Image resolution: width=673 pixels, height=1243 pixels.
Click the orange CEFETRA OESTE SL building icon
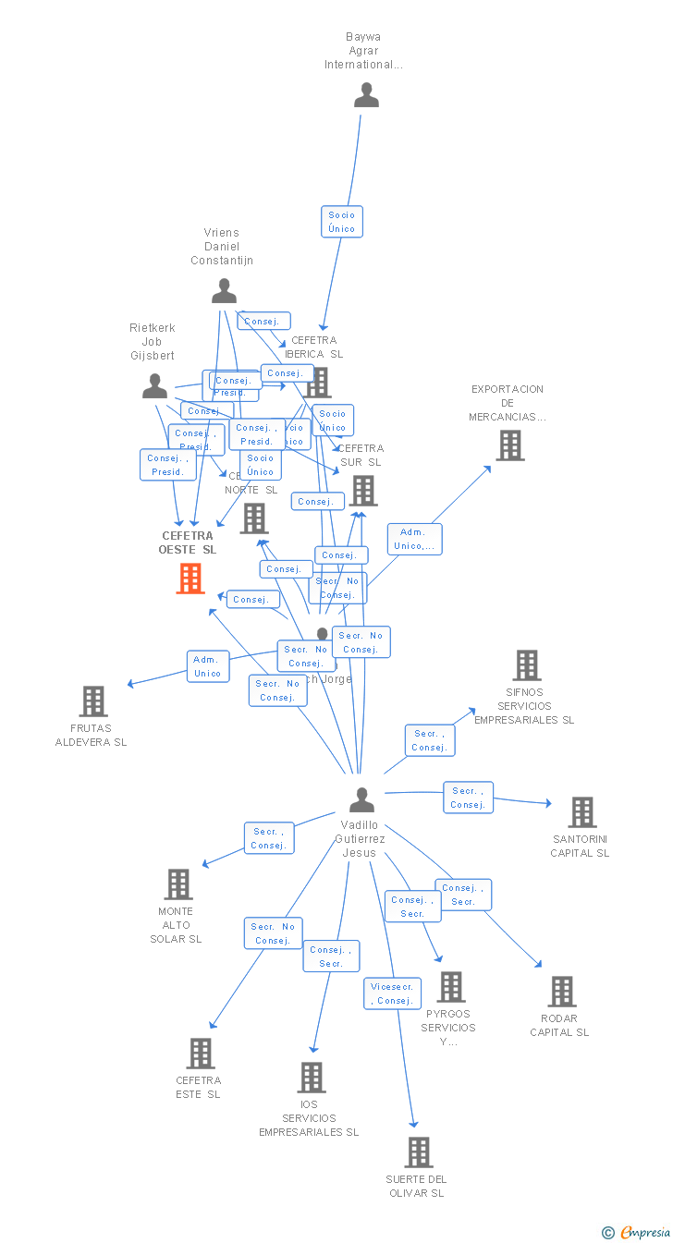190,578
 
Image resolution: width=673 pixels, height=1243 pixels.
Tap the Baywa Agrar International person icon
366,95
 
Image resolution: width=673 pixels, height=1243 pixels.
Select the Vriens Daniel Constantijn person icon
224,291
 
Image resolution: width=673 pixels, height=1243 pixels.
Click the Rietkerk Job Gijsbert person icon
154,386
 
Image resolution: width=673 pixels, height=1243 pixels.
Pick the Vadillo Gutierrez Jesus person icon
361,799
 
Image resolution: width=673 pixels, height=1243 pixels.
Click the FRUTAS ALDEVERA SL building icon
92,701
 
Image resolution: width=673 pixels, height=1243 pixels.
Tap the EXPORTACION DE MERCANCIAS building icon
509,445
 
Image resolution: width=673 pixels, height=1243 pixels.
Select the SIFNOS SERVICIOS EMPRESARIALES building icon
526,665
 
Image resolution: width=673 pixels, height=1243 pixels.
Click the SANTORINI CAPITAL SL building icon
581,812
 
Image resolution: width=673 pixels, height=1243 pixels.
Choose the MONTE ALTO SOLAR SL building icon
177,884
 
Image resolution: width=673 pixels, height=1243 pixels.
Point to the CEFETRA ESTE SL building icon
200,1054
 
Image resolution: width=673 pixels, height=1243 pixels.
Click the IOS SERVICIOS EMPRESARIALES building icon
311,1078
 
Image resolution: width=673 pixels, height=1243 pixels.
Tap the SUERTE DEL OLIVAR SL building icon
418,1152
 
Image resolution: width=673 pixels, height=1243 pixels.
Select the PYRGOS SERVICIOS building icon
450,987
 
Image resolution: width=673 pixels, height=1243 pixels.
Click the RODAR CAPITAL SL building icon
561,992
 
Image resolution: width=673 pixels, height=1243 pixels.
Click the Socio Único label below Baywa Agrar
341,222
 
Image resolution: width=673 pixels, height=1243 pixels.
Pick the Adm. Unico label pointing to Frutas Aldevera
207,666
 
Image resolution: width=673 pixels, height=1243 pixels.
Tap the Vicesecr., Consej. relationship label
392,993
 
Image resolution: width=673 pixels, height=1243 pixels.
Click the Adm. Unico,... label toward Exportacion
414,539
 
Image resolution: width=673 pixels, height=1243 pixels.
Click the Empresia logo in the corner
637,1232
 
